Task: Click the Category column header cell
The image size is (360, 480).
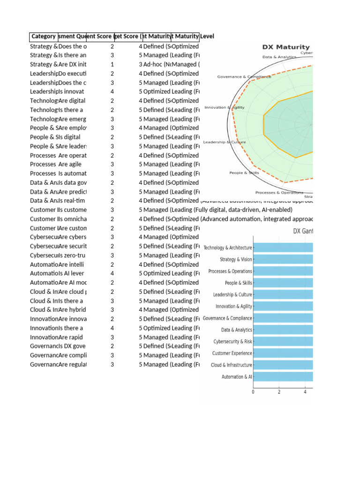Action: [44, 37]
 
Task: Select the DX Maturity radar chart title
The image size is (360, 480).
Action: [285, 47]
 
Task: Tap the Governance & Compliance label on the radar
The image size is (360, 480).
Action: [244, 77]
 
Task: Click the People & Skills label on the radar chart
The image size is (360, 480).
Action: [244, 173]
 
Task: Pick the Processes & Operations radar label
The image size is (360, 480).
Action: [279, 193]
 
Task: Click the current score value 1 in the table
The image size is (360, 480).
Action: [112, 64]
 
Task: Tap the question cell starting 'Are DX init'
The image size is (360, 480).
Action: [73, 64]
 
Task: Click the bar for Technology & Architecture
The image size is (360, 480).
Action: [284, 248]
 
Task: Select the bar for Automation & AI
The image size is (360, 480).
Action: [284, 377]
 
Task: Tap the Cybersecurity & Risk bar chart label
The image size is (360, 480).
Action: [232, 342]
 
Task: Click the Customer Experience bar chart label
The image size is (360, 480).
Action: [232, 353]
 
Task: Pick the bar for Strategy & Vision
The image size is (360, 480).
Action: [284, 260]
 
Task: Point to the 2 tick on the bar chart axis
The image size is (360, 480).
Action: [279, 392]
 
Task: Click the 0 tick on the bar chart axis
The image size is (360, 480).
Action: [254, 392]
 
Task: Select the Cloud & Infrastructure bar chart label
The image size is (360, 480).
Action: [232, 365]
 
